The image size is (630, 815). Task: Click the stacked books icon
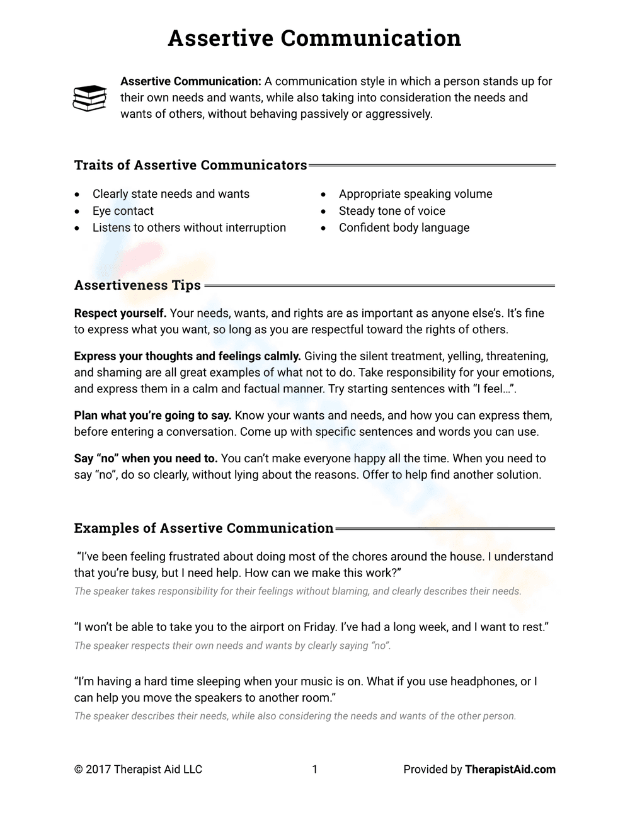click(89, 98)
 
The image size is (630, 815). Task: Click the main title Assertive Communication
click(314, 38)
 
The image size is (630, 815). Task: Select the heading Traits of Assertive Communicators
click(190, 165)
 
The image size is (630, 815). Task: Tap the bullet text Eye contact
click(123, 211)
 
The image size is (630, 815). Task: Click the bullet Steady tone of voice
click(392, 211)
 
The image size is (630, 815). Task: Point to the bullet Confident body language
click(404, 227)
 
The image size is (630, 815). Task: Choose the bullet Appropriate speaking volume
click(415, 194)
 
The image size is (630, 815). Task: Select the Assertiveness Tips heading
click(137, 285)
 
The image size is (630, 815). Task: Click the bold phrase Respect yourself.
click(120, 313)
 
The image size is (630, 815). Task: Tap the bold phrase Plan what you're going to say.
click(153, 416)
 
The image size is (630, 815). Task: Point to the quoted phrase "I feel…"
click(493, 389)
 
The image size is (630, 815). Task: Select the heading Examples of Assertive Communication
click(203, 528)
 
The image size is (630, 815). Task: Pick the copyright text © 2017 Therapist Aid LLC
click(138, 769)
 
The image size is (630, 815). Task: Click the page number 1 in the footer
click(315, 769)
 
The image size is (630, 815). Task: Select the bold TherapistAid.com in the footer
click(510, 769)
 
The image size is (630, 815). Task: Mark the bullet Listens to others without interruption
click(189, 227)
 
